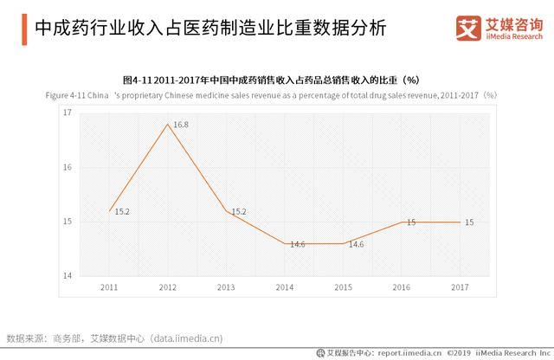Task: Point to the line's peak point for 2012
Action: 167,124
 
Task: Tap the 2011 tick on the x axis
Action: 109,286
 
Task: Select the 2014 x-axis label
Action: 284,286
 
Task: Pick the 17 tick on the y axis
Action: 68,113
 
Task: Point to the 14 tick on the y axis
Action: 68,276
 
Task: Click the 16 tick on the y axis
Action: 68,168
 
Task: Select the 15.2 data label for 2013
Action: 239,211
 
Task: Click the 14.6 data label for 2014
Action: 298,244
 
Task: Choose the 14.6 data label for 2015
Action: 356,245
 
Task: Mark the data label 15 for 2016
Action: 411,222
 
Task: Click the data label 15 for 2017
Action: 469,222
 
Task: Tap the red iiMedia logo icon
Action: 468,29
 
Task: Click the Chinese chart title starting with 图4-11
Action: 276,80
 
